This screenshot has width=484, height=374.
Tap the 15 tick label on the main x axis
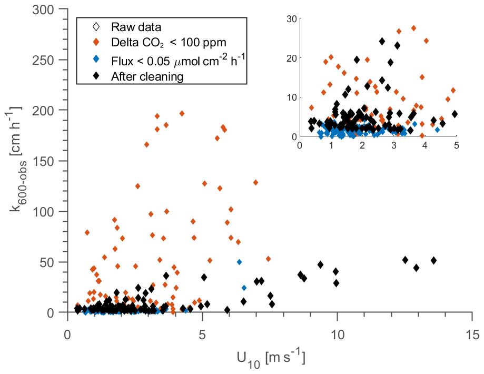pos(472,336)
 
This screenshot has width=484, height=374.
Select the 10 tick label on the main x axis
pos(337,336)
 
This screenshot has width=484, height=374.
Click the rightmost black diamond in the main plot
pos(434,260)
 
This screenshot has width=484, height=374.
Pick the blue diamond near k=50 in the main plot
pos(240,262)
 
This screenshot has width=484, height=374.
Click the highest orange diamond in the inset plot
pos(414,28)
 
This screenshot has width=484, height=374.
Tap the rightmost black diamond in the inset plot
pos(455,114)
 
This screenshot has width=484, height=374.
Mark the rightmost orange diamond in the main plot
pos(268,259)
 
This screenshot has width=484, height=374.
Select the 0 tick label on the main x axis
pos(67,336)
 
